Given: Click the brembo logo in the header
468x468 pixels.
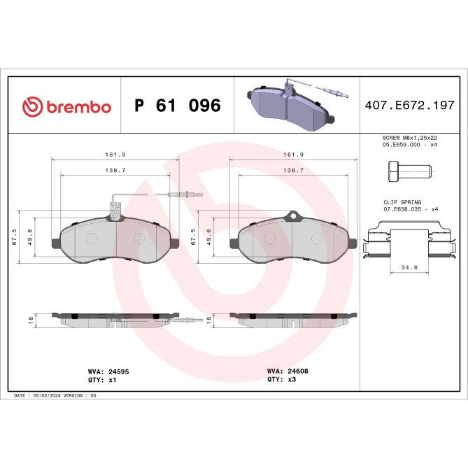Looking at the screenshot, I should click(66, 106).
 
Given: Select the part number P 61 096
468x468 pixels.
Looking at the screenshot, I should click(177, 106).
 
